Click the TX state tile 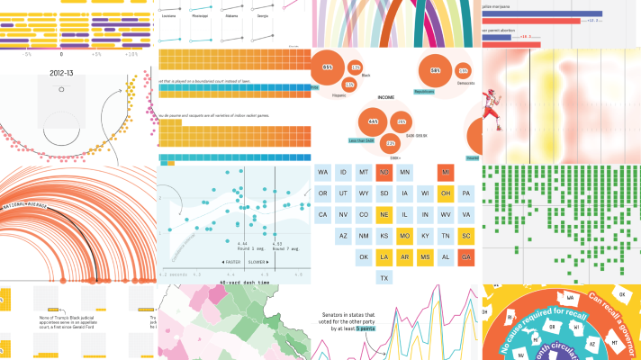384,277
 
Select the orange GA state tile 466,256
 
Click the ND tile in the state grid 384,172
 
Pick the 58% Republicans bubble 436,71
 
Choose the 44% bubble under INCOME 373,121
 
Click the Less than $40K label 362,140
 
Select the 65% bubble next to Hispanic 328,67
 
